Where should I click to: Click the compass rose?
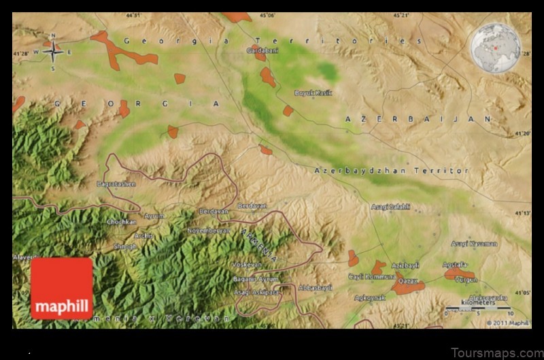(52, 50)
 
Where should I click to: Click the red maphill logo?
(61, 289)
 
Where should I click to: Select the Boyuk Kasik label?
(313, 93)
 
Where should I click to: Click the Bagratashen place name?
(116, 184)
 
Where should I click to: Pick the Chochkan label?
(121, 221)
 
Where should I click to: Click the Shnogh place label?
(124, 246)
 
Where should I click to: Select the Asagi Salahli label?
(390, 206)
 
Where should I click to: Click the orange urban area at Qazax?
(408, 286)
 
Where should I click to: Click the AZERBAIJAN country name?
(418, 118)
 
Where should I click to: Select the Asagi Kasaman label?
(473, 243)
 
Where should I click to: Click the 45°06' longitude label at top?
(267, 15)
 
